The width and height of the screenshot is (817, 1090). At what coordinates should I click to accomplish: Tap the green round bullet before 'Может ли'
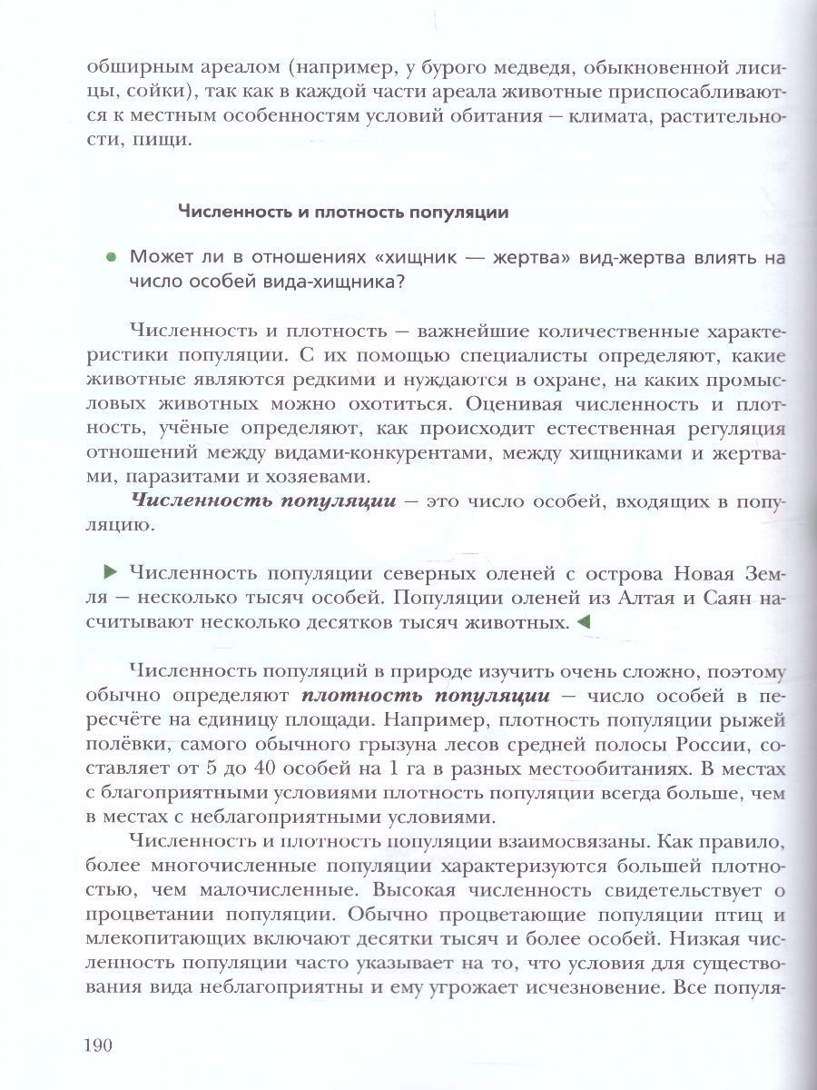[x=111, y=258]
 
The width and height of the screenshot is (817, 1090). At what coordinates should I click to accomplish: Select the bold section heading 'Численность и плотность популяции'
[x=342, y=212]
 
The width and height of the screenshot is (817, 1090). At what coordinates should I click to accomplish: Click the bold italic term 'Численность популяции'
[x=263, y=499]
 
